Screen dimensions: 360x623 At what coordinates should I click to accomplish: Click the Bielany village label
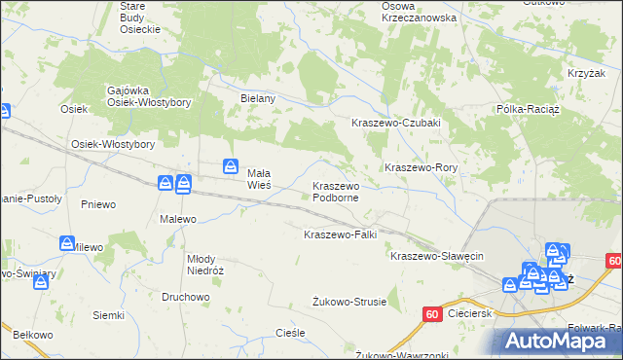[259, 98]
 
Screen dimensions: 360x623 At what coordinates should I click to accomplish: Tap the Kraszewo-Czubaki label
[396, 123]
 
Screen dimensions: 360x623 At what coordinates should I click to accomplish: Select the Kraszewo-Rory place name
[421, 167]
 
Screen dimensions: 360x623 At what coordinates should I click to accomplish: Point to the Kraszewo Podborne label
[336, 191]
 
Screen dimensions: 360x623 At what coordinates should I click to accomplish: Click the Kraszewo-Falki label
[340, 234]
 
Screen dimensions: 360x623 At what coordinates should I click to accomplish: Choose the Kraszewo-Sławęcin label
[437, 256]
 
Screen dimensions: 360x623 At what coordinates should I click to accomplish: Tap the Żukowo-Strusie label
[349, 302]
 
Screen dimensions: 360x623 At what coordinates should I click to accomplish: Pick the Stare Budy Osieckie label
[139, 18]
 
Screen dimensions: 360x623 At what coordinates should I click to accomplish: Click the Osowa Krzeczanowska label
[420, 12]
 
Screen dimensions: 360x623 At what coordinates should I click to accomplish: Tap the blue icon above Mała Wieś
[231, 166]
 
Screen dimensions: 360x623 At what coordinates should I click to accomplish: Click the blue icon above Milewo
[67, 243]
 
